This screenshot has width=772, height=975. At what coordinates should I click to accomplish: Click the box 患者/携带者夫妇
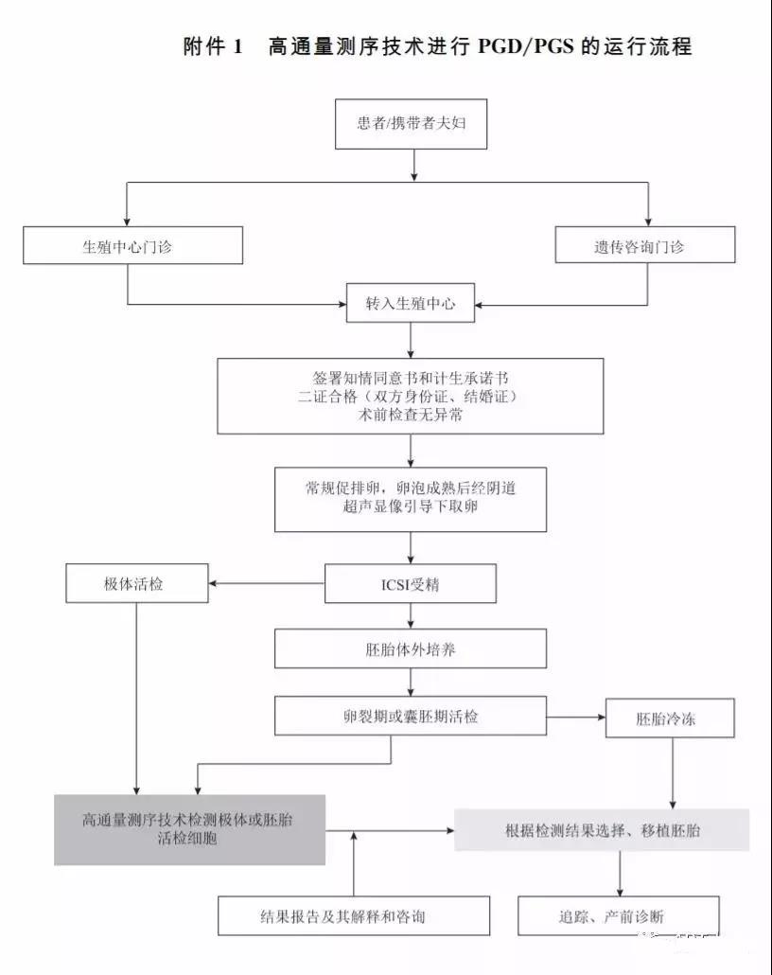pos(411,123)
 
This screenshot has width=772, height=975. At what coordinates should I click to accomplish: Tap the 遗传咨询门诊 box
pos(645,246)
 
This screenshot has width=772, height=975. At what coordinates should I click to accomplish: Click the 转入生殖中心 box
pos(410,304)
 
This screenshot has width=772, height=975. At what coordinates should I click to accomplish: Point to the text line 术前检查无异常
pos(410,415)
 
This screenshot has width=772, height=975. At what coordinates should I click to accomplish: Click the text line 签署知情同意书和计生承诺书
pos(410,376)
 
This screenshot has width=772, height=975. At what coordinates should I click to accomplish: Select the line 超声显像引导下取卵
pos(410,507)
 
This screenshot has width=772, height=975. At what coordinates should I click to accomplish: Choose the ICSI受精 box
pos(410,584)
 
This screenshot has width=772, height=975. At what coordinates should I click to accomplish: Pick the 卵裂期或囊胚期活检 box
pos(410,716)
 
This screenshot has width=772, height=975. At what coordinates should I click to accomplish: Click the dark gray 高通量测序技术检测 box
pos(188,829)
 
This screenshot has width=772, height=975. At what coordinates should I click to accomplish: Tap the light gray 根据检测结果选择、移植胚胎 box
pos(602,829)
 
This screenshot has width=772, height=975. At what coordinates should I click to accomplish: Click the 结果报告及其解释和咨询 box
pos(354,915)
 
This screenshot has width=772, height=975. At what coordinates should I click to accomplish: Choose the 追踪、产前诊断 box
pos(618,915)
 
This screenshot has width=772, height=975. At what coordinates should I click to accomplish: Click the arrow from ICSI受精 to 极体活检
pos(266,584)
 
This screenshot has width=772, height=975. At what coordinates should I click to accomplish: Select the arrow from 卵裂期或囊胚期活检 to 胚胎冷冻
pos(576,717)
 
